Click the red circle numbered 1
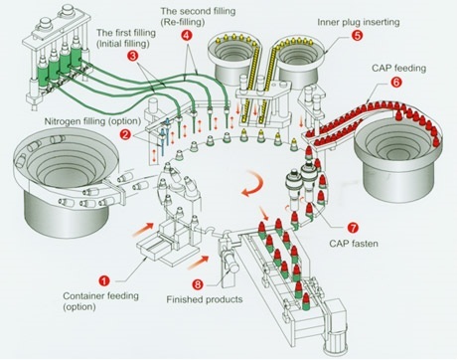click(104, 281)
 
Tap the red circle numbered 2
click(125, 134)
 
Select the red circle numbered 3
click(133, 56)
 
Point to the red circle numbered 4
click(187, 36)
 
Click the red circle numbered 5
click(357, 35)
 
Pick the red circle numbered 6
click(396, 82)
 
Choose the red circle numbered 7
click(353, 228)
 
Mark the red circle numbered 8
click(198, 284)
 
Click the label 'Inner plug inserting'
click(359, 22)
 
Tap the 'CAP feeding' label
click(398, 69)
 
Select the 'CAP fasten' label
click(354, 244)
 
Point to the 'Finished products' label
click(205, 299)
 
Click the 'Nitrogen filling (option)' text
click(92, 121)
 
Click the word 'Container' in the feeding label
click(82, 295)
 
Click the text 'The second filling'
click(198, 11)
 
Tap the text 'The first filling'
click(126, 33)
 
